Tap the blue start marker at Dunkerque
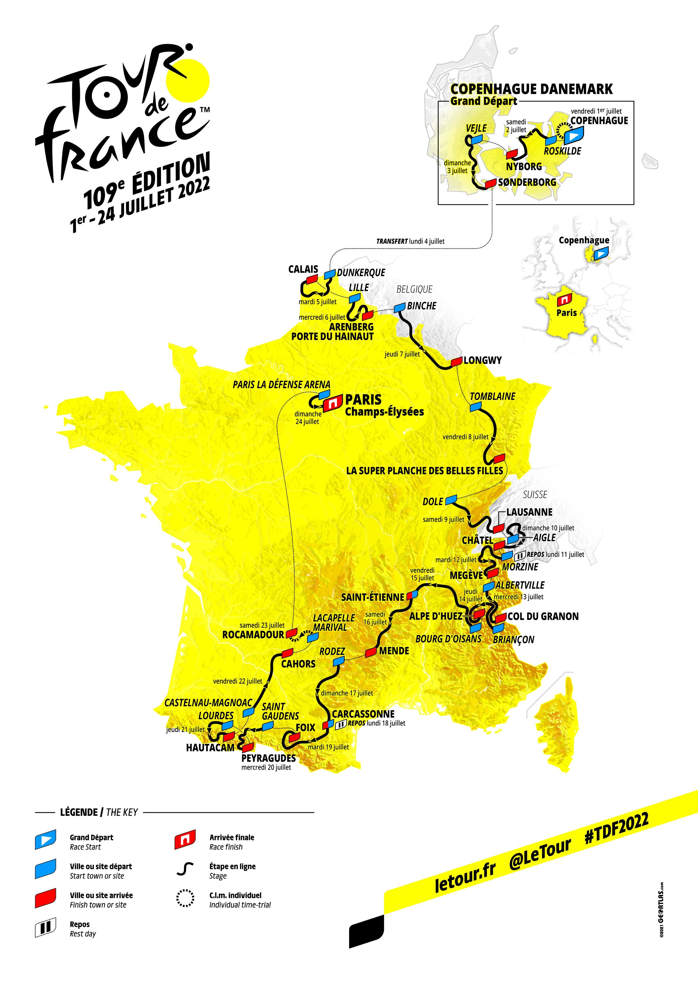click(330, 274)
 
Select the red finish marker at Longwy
click(456, 362)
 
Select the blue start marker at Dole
click(450, 500)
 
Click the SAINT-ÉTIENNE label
click(372, 597)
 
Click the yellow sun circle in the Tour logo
click(188, 81)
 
